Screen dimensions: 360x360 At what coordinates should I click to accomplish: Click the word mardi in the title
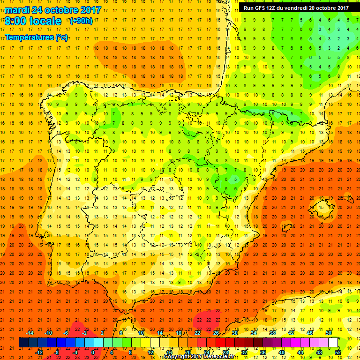(x=18, y=9)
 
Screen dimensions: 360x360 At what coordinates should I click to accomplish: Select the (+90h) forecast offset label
(x=81, y=21)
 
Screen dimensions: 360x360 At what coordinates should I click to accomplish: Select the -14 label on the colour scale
(x=30, y=333)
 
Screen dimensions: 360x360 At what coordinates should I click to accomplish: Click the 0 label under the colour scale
(x=93, y=352)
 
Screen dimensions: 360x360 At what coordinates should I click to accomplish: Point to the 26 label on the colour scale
(x=216, y=333)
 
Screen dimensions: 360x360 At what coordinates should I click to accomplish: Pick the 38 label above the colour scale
(x=272, y=333)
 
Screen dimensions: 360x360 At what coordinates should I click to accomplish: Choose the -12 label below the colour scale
(x=39, y=352)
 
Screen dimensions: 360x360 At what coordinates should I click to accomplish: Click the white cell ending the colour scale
(x=333, y=343)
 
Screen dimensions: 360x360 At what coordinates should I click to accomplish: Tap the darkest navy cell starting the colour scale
(x=23, y=343)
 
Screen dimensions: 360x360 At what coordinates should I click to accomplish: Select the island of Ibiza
(x=286, y=228)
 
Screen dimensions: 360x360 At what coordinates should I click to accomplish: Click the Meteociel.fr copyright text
(x=199, y=357)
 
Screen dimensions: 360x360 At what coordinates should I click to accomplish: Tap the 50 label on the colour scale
(x=329, y=333)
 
